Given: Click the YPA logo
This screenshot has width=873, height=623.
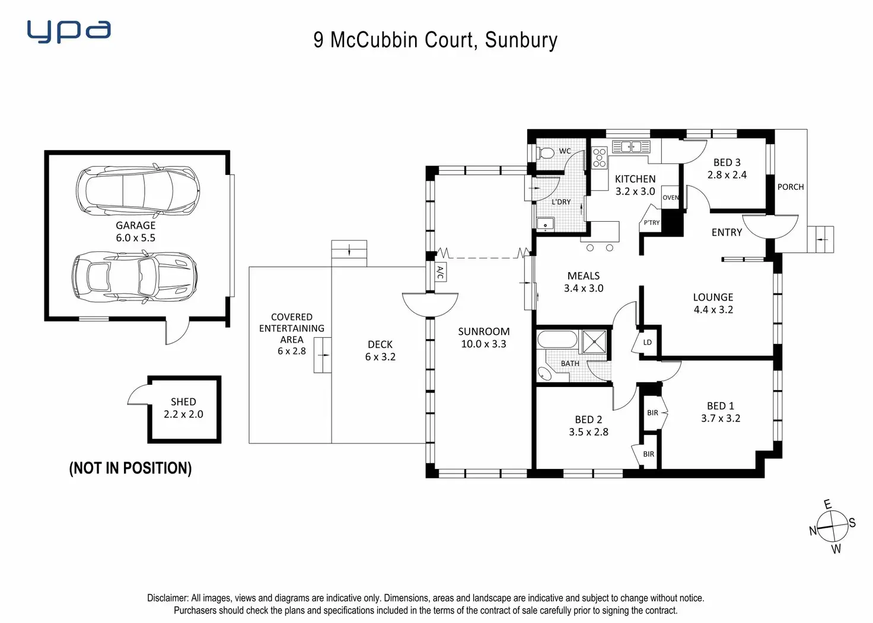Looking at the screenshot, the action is [69, 32].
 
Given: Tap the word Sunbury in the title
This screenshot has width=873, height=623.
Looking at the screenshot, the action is [521, 40].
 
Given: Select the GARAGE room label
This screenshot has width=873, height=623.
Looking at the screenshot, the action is [136, 225].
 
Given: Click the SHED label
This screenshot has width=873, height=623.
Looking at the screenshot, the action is [183, 402].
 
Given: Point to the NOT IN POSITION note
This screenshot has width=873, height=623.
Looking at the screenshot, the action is [130, 468].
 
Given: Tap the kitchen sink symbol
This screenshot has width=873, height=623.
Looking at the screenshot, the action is [631, 147].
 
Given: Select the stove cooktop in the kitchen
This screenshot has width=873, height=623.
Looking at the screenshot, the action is [600, 158].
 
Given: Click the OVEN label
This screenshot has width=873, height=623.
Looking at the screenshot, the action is [670, 197].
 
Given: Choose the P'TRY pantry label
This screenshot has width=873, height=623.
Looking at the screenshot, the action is [651, 222].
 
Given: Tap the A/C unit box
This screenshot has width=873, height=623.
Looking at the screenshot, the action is [440, 272].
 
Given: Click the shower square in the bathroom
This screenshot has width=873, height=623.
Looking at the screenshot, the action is [594, 341].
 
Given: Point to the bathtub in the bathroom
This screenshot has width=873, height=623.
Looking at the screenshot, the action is [557, 339].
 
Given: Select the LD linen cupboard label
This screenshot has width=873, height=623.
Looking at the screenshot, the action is [648, 342].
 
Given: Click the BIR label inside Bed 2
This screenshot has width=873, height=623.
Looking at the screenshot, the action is [648, 454].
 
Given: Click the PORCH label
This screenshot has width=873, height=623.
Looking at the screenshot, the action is [791, 187].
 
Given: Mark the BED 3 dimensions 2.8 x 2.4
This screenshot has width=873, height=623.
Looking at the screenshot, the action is [727, 174].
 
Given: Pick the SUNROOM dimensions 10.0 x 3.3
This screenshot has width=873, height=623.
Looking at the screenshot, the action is [484, 344].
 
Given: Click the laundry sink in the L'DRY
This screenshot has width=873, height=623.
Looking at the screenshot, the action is [546, 225].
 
